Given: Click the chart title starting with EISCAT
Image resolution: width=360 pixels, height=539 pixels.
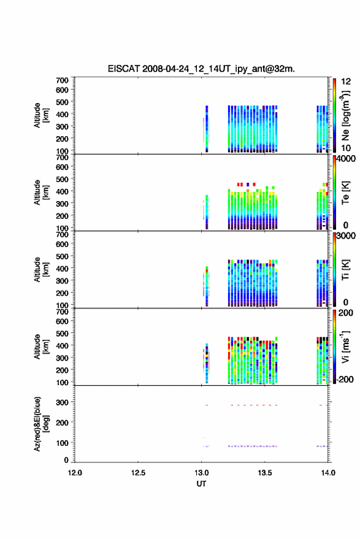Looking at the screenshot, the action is [x=201, y=69].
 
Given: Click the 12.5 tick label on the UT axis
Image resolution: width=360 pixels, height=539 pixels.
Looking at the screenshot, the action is [x=138, y=473].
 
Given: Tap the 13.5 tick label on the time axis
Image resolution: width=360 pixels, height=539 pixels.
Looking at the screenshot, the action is [x=265, y=473].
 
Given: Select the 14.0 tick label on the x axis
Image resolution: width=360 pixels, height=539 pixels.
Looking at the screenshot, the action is [x=328, y=473].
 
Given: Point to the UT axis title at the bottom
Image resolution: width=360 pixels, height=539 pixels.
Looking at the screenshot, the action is [x=201, y=484].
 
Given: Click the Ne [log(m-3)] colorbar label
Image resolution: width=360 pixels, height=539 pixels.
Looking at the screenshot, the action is [x=345, y=115].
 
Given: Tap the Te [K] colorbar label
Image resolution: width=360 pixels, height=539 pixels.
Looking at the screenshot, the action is [x=345, y=193].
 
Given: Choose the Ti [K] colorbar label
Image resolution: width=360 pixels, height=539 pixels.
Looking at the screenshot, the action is [x=345, y=270].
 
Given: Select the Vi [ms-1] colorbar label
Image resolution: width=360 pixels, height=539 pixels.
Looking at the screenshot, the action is [x=345, y=346].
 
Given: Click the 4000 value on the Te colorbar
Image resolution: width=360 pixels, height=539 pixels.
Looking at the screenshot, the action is [x=346, y=159].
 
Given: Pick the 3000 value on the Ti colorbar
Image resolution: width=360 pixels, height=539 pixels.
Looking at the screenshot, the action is [x=346, y=236].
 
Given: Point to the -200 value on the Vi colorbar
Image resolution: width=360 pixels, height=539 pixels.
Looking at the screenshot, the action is [x=345, y=379].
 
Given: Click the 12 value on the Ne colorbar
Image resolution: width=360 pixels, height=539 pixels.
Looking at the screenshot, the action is [x=346, y=82].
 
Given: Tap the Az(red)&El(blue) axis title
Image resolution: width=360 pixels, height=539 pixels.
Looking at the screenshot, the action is [x=41, y=424].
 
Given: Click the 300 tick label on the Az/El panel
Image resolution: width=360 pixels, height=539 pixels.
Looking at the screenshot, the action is [x=62, y=402].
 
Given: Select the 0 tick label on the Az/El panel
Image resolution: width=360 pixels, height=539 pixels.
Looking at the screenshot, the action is [x=66, y=460].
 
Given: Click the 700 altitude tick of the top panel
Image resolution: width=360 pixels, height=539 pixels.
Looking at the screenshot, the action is [x=62, y=80].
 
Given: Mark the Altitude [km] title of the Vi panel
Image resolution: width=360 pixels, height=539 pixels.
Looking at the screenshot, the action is [x=41, y=346].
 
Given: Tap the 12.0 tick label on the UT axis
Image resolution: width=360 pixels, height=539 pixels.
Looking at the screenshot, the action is [x=75, y=473].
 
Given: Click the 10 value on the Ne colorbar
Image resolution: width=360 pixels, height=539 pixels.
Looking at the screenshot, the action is [x=346, y=148].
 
